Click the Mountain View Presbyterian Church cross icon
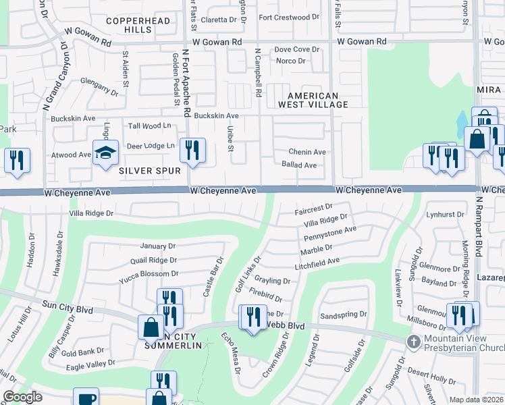click(413, 342)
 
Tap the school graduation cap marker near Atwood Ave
click(105, 154)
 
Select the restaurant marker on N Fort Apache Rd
click(192, 151)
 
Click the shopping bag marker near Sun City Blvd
click(150, 327)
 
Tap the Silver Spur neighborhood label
click(150, 171)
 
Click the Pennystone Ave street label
click(330, 234)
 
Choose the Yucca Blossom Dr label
click(149, 274)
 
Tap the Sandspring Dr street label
click(344, 315)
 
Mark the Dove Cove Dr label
click(296, 49)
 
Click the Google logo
click(22, 397)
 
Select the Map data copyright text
click(476, 399)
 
